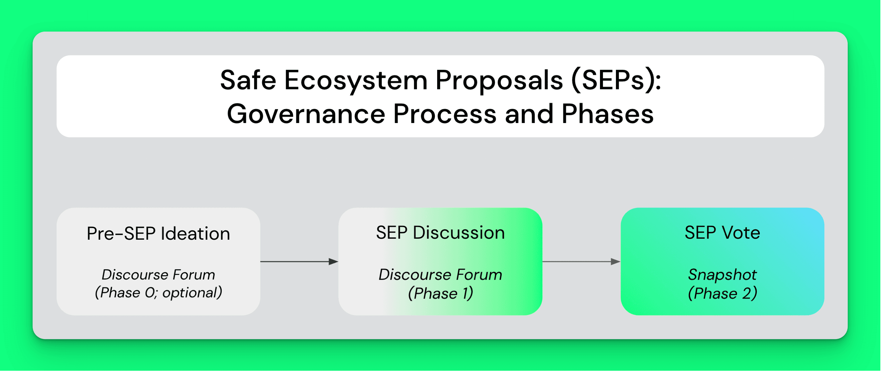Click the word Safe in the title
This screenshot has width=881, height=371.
click(248, 80)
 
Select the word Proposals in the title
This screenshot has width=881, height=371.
click(499, 81)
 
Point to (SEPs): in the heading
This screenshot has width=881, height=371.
click(616, 81)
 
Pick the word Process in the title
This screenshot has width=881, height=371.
click(444, 114)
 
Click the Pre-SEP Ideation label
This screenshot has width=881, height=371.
click(158, 234)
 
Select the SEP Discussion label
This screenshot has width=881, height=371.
click(440, 233)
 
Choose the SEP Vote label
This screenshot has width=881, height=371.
click(722, 233)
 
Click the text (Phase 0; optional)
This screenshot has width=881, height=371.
click(158, 293)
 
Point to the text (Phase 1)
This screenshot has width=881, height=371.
click(440, 294)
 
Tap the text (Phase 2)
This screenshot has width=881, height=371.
click(722, 294)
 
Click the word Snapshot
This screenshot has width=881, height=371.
click(722, 275)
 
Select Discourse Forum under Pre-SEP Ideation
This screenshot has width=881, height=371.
click(158, 275)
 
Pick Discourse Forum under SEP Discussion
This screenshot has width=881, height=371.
click(440, 275)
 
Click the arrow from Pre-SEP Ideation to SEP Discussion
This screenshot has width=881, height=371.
click(299, 262)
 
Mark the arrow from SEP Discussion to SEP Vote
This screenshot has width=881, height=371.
click(581, 262)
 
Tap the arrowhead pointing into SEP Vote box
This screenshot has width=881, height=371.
click(616, 262)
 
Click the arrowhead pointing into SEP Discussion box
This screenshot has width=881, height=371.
click(333, 262)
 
